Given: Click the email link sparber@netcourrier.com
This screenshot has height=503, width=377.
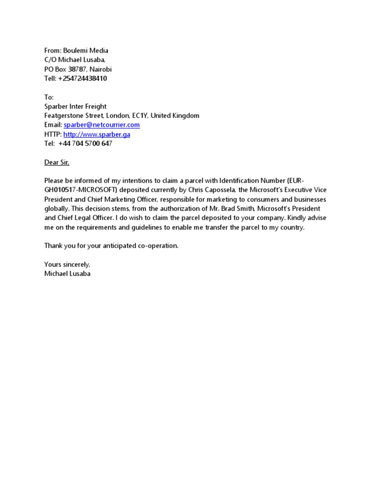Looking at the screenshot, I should [102, 125].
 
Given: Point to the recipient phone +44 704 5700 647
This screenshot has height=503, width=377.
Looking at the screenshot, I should [88, 144].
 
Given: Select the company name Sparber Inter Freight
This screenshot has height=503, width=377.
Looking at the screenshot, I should [75, 107].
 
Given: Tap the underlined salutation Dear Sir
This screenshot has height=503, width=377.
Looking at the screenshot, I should [57, 163].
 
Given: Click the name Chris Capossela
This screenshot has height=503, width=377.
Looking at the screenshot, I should [214, 191].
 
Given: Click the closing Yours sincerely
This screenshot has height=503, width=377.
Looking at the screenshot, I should [67, 265].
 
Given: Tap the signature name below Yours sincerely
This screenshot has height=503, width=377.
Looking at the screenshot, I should [67, 274].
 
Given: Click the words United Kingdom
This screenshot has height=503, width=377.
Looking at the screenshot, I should [175, 116].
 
